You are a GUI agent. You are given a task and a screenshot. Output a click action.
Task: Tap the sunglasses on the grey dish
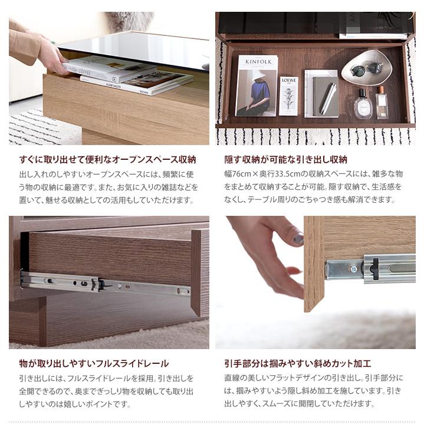point(366,69)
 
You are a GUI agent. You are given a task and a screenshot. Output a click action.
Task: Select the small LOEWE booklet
point(288,95)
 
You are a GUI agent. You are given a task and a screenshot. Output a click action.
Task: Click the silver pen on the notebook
point(328,98)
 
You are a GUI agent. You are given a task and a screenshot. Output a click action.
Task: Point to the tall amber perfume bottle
point(382,102)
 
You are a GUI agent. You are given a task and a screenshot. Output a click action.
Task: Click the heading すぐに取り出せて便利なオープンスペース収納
point(107,159)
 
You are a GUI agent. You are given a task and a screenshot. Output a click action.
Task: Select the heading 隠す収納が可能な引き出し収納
point(286,159)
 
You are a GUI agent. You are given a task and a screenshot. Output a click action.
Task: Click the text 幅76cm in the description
point(238,174)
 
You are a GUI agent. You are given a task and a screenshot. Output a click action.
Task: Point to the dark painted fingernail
point(298,239)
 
